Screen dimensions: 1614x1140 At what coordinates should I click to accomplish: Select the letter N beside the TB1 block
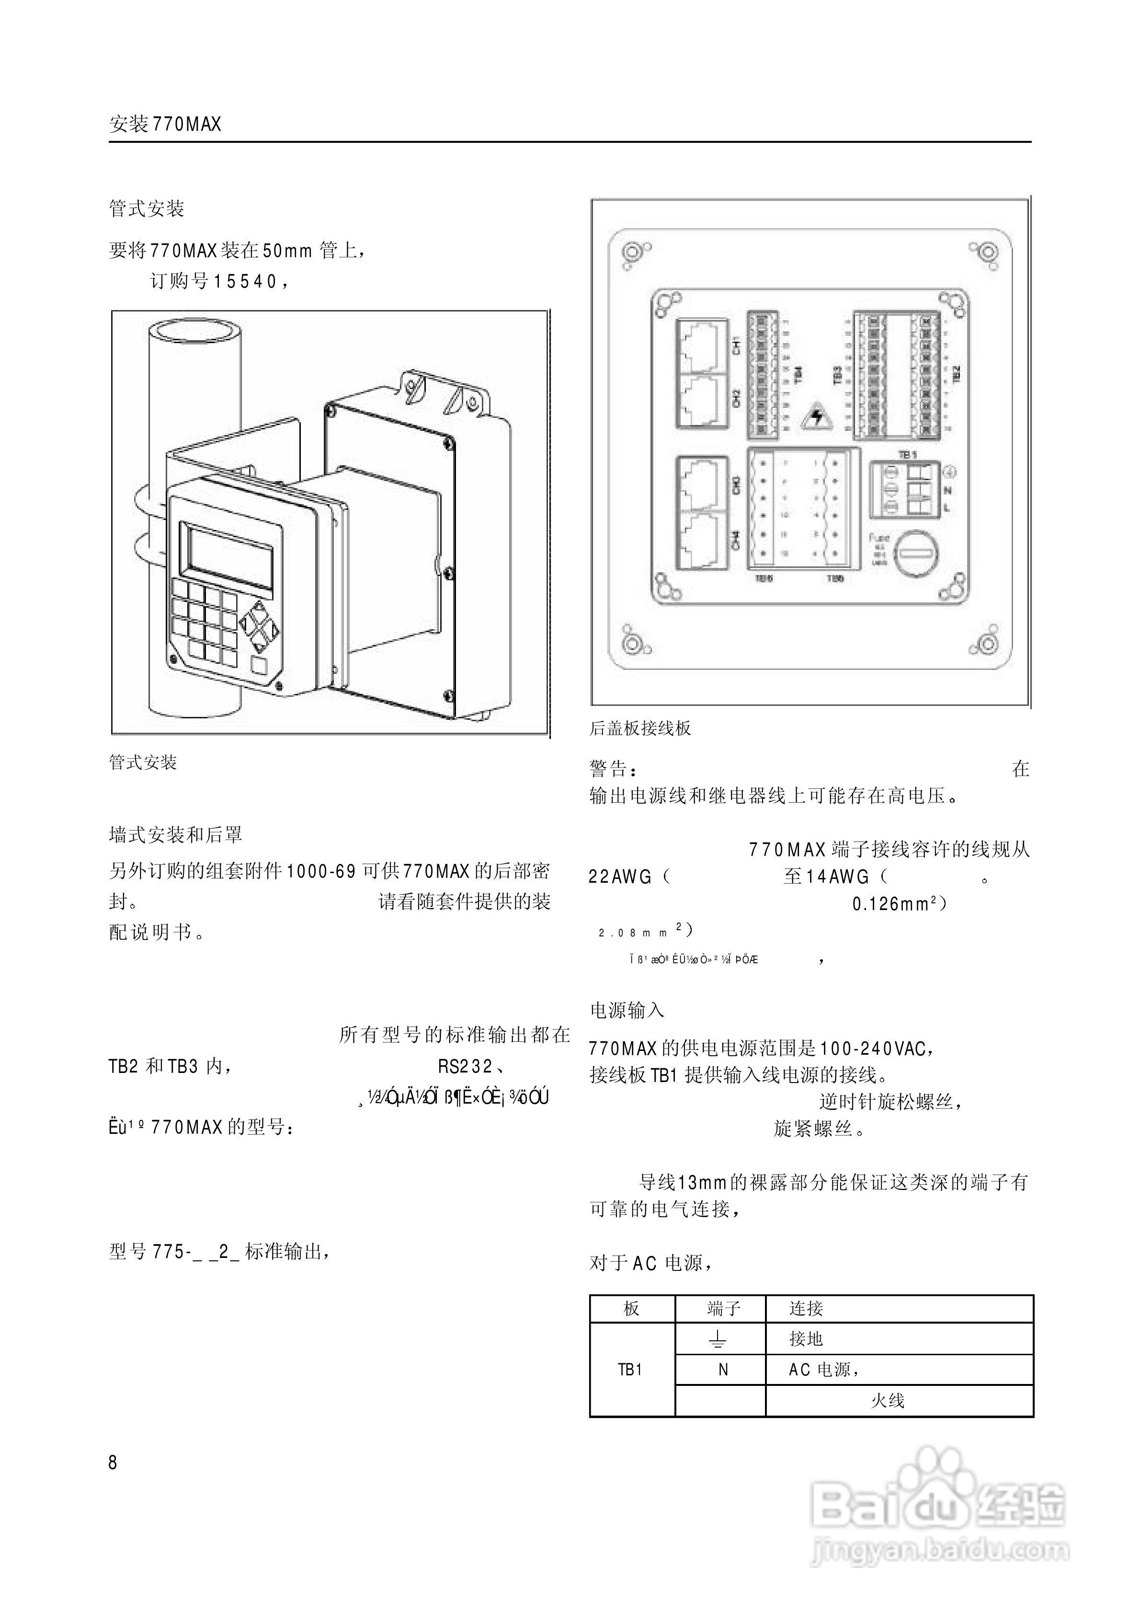(x=947, y=490)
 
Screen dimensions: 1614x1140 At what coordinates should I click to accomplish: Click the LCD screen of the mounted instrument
(x=228, y=559)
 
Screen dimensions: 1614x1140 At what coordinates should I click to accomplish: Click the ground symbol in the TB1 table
(x=717, y=1340)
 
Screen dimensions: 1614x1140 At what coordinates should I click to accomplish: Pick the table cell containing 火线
(x=887, y=1400)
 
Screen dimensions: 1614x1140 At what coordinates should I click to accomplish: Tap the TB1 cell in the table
(x=630, y=1370)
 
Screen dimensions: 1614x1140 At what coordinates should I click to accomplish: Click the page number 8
(x=113, y=1463)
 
